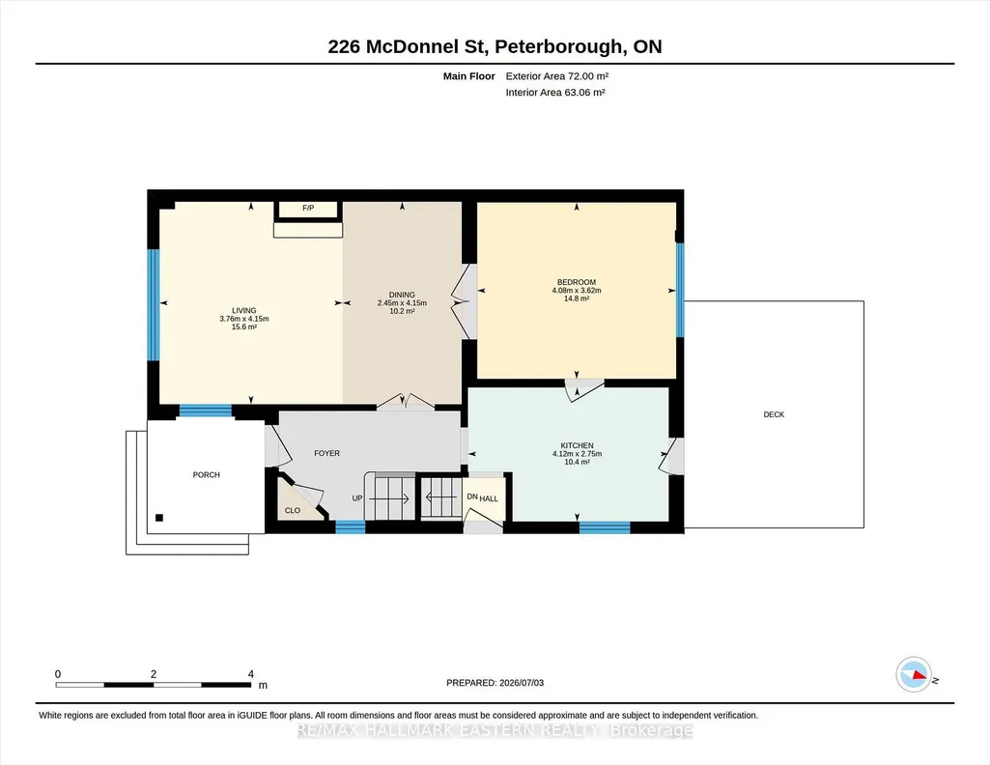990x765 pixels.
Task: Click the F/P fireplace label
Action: tap(308, 208)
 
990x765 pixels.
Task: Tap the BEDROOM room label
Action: tap(577, 282)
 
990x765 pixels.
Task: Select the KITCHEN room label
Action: tap(577, 445)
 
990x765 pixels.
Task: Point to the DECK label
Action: tap(774, 414)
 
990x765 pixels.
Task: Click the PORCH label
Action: tap(207, 474)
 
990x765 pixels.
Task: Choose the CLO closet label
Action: tap(293, 511)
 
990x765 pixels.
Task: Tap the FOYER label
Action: tap(327, 453)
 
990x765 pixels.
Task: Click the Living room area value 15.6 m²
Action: tap(244, 326)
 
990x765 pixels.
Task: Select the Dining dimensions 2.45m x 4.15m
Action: tap(402, 303)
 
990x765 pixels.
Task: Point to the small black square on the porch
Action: tap(159, 518)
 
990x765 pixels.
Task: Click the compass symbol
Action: tap(914, 675)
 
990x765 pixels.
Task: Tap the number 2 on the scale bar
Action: tap(154, 674)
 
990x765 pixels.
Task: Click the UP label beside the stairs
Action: tap(357, 498)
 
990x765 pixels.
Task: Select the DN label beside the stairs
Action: tap(472, 496)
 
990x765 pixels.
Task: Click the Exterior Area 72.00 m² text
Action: tap(557, 76)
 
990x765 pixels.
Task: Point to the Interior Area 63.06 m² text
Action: tap(555, 92)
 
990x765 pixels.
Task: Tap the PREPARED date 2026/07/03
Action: tap(522, 683)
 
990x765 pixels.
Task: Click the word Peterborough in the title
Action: tap(558, 46)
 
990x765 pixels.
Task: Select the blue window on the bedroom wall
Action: tap(680, 290)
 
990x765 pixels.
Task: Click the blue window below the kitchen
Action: tap(605, 527)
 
